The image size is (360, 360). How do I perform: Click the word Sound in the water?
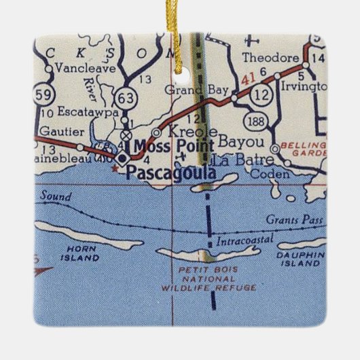[54, 197]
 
